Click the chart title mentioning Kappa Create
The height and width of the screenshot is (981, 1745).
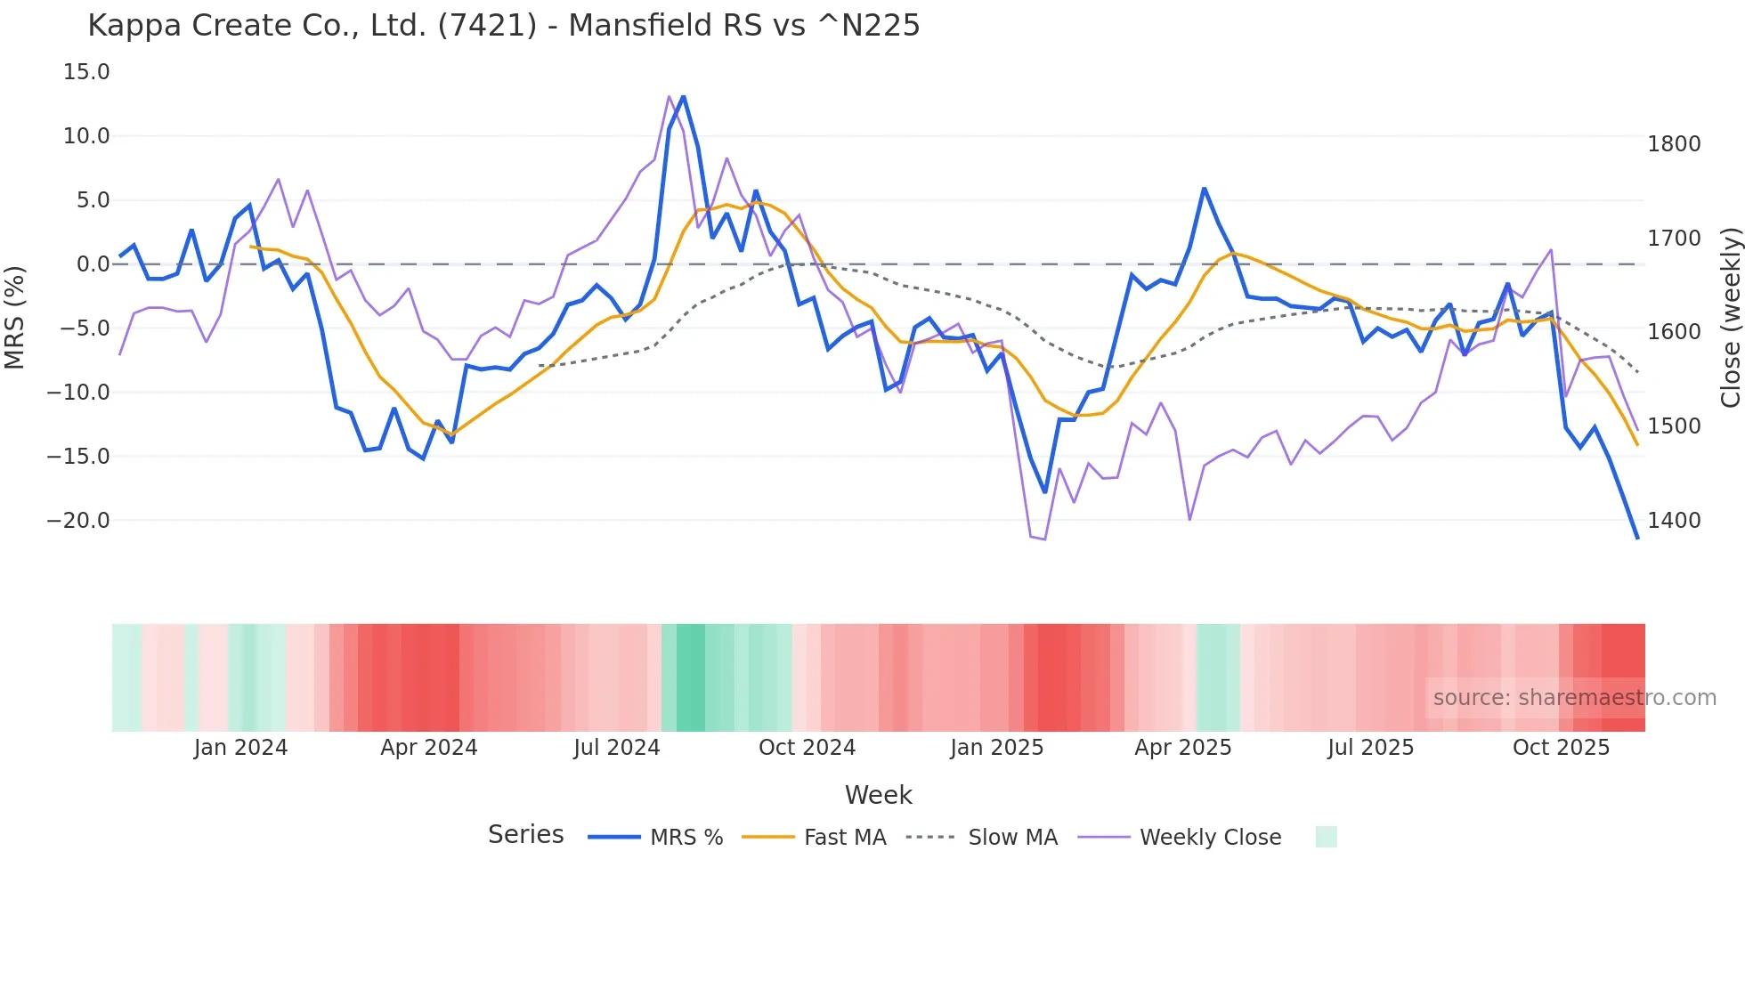click(503, 25)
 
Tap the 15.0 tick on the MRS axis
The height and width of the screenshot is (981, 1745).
click(86, 72)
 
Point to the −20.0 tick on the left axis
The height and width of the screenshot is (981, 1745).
click(78, 521)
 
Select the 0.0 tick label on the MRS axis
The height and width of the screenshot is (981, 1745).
click(93, 264)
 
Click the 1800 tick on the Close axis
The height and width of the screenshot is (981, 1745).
click(1674, 144)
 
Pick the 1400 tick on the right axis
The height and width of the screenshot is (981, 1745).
click(1674, 521)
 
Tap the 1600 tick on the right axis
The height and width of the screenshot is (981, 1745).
click(1674, 332)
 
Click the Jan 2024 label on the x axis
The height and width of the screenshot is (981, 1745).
click(240, 748)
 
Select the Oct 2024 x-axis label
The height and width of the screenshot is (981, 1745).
click(807, 748)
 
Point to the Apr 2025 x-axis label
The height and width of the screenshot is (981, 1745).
click(1182, 748)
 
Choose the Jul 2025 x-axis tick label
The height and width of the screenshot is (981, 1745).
click(1370, 748)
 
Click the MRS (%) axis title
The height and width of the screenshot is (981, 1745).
click(15, 318)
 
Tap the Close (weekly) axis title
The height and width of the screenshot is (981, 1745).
click(1730, 318)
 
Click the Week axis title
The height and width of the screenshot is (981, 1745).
click(878, 795)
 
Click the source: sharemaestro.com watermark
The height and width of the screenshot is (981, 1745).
click(1574, 698)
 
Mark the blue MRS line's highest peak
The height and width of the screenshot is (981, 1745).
click(683, 96)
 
